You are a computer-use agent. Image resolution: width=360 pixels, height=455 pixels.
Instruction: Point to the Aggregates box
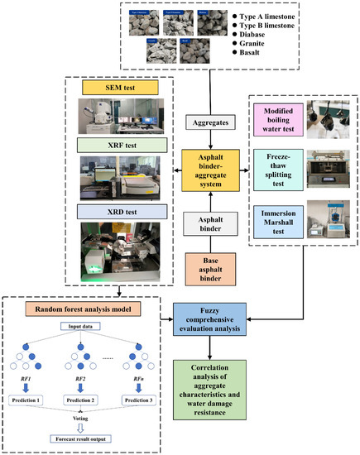pyautogui.click(x=204, y=122)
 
